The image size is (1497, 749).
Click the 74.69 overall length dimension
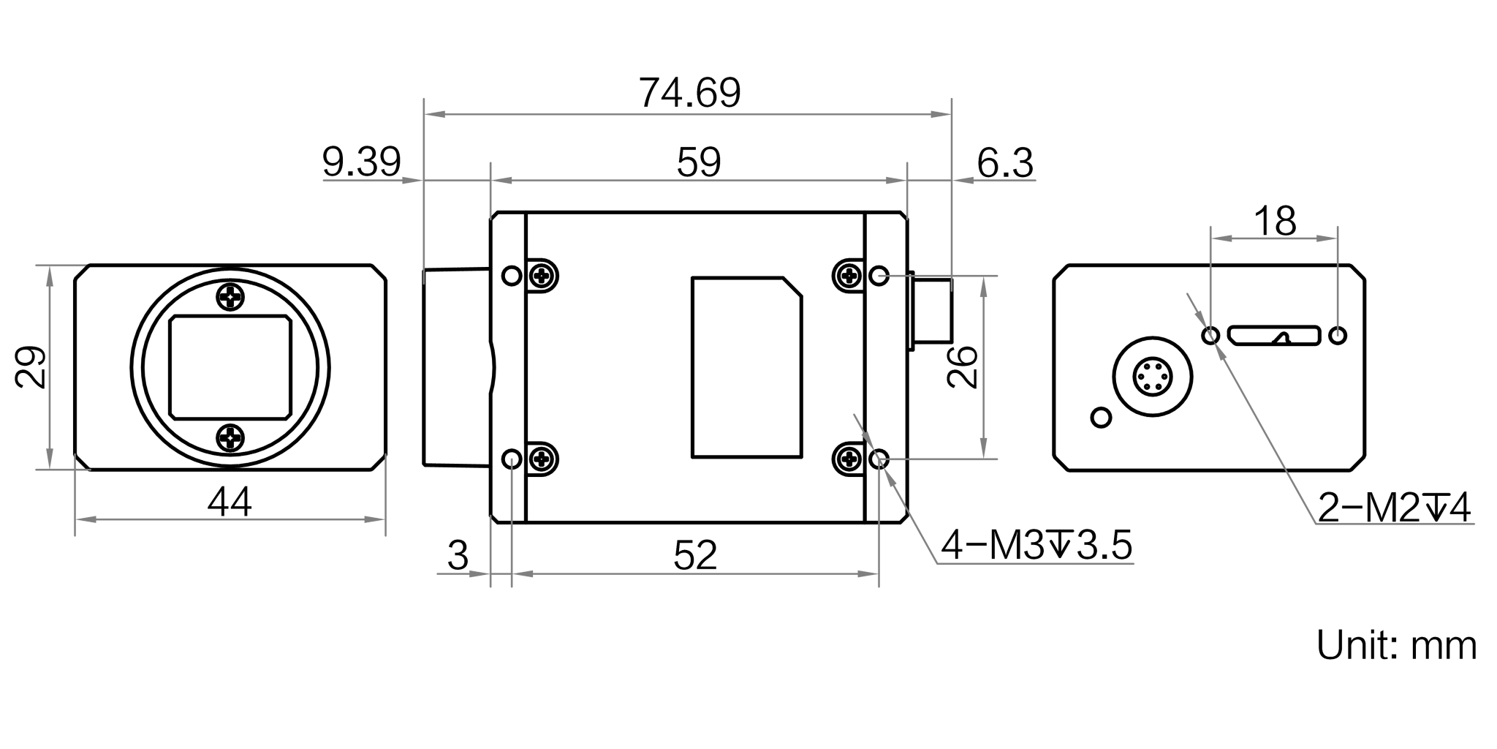click(x=689, y=93)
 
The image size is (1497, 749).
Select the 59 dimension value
click(x=698, y=162)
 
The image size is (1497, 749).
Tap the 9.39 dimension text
click(x=362, y=162)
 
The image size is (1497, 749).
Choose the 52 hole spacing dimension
click(x=695, y=556)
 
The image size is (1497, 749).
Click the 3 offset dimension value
click(x=457, y=556)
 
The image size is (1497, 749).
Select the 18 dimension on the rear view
click(x=1275, y=220)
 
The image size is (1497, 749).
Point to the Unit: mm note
click(x=1395, y=644)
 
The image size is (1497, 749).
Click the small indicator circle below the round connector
click(x=1100, y=418)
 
